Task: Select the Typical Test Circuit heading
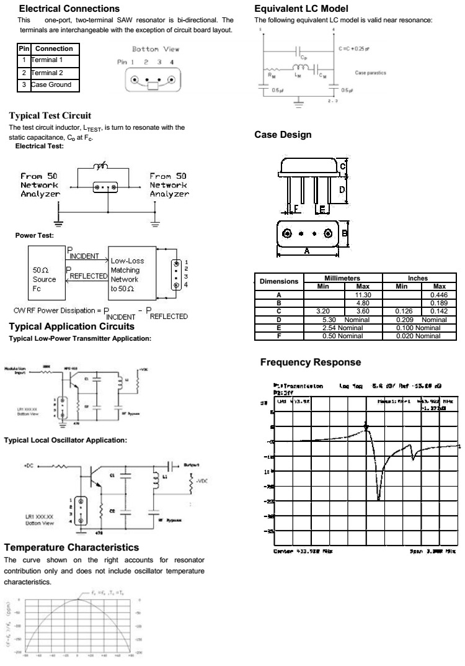pyautogui.click(x=50, y=115)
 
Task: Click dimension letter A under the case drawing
pyautogui.click(x=307, y=251)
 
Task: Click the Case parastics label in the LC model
pyautogui.click(x=370, y=73)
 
